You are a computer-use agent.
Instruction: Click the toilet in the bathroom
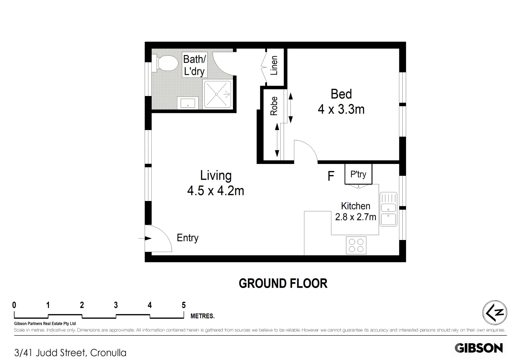click(165, 63)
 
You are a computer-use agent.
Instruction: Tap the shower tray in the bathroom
click(217, 94)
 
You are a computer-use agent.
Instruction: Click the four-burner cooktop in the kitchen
click(356, 245)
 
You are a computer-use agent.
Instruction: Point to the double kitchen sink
click(388, 209)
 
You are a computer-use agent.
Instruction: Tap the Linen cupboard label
click(274, 65)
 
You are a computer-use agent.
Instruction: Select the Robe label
click(274, 106)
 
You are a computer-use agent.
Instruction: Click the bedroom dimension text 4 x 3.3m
click(341, 109)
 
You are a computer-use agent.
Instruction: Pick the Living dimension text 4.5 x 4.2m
click(216, 191)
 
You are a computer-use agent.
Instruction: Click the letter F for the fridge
click(331, 176)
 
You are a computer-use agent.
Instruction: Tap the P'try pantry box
click(358, 174)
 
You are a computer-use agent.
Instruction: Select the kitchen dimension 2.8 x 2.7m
click(355, 217)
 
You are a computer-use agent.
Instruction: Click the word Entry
click(187, 238)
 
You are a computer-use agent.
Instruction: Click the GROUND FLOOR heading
click(283, 283)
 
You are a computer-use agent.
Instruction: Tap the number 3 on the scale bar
click(116, 305)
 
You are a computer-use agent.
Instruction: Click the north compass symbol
click(495, 313)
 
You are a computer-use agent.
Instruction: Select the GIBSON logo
click(479, 348)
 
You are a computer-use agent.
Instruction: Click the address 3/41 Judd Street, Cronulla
click(70, 353)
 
